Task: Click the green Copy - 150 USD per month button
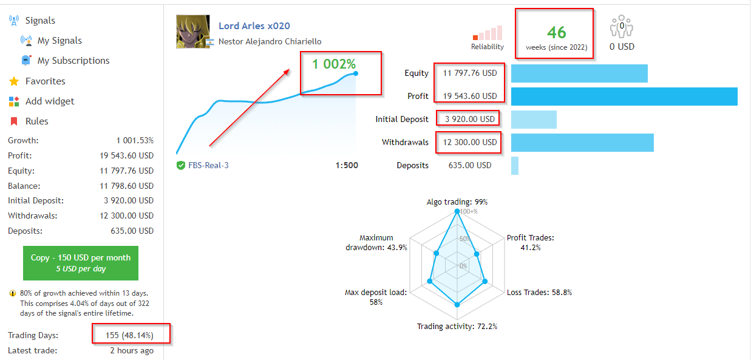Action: coord(80,263)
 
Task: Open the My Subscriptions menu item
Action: coord(73,61)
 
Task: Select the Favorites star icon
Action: coord(13,81)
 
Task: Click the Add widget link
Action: coord(50,101)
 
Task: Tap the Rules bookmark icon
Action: coord(13,121)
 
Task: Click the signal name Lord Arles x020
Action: coord(254,26)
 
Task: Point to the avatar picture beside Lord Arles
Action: coord(193,32)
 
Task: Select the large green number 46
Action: coord(556,32)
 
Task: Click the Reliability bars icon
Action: coord(488,33)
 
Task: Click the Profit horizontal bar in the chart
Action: coord(624,97)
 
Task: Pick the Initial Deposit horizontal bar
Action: coord(534,120)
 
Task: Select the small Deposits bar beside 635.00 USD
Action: coord(515,166)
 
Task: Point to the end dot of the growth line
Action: coord(355,73)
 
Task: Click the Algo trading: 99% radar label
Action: coord(457,202)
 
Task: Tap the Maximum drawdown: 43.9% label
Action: coord(376,243)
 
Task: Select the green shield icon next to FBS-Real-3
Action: coord(181,166)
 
